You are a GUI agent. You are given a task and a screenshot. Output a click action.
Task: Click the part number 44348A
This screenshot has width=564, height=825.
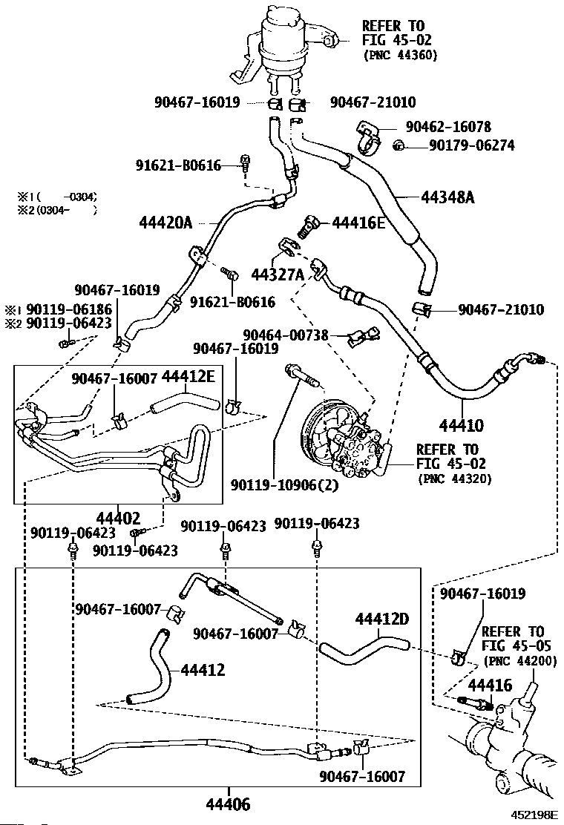click(447, 197)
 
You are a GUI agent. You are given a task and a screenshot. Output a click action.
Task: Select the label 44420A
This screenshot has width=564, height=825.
click(165, 223)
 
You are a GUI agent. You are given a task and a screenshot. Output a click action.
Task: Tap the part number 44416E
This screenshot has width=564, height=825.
click(359, 223)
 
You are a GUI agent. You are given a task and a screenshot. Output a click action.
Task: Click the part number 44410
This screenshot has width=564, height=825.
click(462, 424)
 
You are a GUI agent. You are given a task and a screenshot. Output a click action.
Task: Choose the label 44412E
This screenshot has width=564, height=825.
click(188, 376)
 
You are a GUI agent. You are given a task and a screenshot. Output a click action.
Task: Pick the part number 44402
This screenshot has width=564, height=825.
click(119, 519)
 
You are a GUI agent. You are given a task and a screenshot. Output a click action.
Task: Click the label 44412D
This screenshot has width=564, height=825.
click(382, 619)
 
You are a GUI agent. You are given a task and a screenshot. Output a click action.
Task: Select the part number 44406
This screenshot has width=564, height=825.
click(228, 804)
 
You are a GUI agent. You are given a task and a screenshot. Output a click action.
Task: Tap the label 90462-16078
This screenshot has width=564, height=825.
click(448, 127)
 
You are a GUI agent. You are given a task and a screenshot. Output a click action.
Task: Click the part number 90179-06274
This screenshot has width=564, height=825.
click(472, 145)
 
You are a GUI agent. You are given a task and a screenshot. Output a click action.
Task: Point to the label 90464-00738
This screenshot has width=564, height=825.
click(286, 335)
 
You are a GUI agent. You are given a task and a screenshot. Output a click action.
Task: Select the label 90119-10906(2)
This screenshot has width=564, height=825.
click(285, 484)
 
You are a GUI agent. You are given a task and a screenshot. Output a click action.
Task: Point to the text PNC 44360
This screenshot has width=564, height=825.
click(401, 55)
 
